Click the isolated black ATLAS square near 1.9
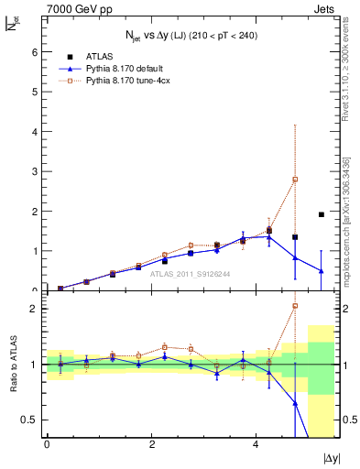321,214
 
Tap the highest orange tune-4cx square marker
295,180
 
